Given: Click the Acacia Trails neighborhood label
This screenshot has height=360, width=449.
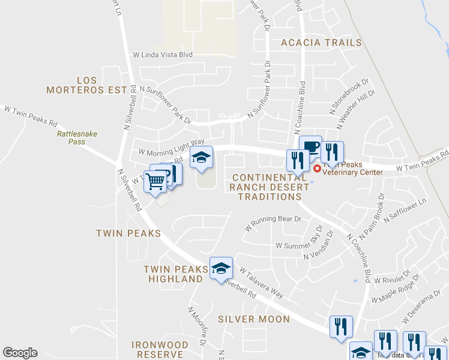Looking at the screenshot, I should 322,43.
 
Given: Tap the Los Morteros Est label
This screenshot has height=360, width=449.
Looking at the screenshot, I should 87,85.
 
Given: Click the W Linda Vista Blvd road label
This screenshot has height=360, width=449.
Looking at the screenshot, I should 163,55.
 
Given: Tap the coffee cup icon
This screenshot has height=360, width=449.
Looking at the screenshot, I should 311,146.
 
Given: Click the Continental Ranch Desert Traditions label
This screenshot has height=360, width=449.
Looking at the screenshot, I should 271,187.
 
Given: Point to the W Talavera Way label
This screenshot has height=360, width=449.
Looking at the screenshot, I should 261,283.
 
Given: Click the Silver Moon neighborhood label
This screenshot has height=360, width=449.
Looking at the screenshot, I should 254,319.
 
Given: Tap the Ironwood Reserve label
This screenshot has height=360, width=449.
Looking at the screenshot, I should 160,349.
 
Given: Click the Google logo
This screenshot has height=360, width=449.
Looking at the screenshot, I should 20,353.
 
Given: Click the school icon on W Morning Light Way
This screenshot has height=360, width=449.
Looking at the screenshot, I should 202,157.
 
